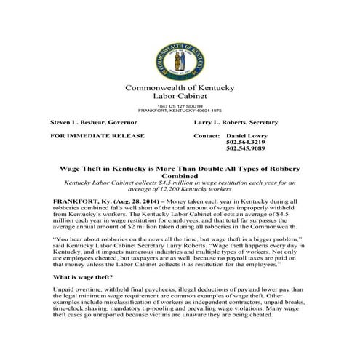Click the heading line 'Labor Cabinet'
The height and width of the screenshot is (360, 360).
point(180,97)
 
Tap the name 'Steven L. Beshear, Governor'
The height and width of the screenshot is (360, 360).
point(92,123)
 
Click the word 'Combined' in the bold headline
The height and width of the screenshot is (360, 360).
point(180,175)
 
